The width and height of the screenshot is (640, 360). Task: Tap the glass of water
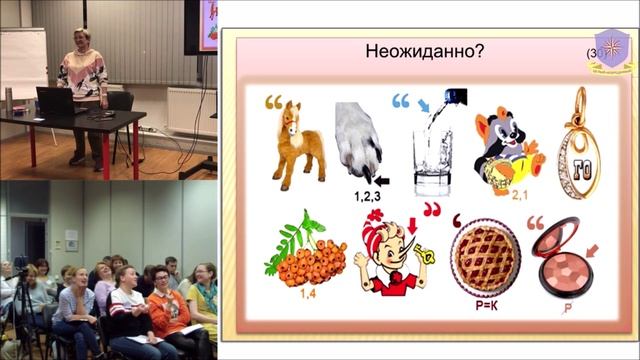pos(432,160)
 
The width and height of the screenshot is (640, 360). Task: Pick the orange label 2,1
pos(519,195)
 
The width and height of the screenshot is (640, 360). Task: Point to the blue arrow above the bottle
pos(424,103)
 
